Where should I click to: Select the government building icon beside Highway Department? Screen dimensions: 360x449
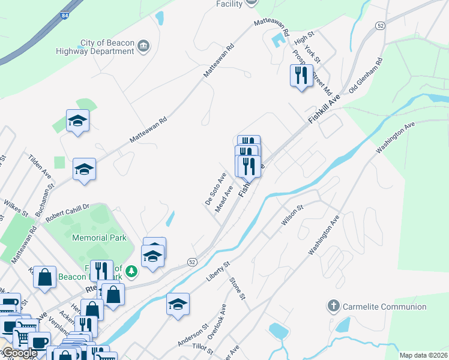(x=143, y=46)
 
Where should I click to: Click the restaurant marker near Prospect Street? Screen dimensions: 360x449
(x=301, y=76)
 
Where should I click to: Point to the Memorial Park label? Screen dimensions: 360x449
(x=99, y=238)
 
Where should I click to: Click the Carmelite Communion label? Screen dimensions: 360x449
(x=384, y=307)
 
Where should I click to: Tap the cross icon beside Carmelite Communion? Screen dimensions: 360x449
(x=333, y=307)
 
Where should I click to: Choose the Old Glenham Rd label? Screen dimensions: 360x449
(x=366, y=74)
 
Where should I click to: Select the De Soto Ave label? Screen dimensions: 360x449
(x=215, y=188)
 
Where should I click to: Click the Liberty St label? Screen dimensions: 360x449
(x=218, y=272)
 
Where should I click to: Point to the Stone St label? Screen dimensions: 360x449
(x=237, y=288)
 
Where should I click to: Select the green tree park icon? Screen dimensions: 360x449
(x=131, y=272)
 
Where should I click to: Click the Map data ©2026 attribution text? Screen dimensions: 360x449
(x=423, y=355)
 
